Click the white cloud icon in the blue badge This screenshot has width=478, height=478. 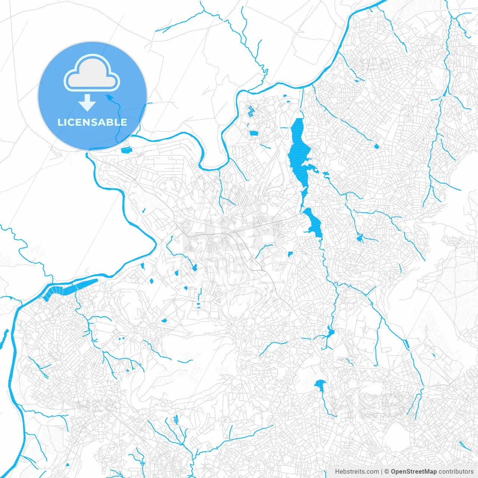[x=92, y=73]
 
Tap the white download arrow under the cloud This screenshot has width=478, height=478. [x=87, y=103]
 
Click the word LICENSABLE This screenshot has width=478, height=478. [x=92, y=122]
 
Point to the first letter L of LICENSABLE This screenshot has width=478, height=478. [x=60, y=122]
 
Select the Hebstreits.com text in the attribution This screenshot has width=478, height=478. [x=357, y=472]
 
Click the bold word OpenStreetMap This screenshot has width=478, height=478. [x=413, y=472]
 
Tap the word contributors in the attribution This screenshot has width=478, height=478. [x=456, y=472]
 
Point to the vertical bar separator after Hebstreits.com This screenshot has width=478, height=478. [x=381, y=472]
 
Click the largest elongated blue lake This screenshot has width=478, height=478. [x=298, y=153]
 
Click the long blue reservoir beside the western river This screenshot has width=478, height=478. [x=69, y=289]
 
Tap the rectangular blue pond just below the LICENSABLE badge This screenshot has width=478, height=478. [x=126, y=150]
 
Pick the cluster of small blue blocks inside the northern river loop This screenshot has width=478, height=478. [x=249, y=111]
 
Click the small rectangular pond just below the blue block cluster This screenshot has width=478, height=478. [x=254, y=133]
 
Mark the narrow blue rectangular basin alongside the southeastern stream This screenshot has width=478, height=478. [x=406, y=344]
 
